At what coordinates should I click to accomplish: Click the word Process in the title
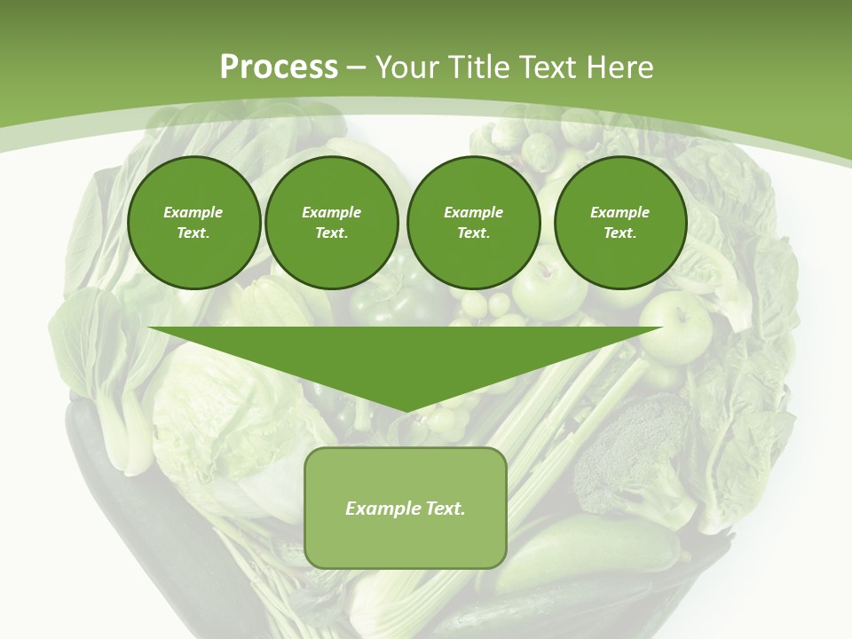279,67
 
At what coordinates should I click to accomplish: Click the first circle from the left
193,222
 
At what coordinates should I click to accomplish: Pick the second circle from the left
331,222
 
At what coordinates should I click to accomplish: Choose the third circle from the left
473,222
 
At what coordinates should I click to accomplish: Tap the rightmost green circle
619,222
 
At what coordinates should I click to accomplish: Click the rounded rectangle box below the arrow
405,508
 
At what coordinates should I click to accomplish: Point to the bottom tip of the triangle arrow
406,411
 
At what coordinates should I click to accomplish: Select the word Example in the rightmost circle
619,212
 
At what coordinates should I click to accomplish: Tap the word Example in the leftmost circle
193,212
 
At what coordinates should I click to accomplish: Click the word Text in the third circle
473,233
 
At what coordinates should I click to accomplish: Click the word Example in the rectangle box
383,509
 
